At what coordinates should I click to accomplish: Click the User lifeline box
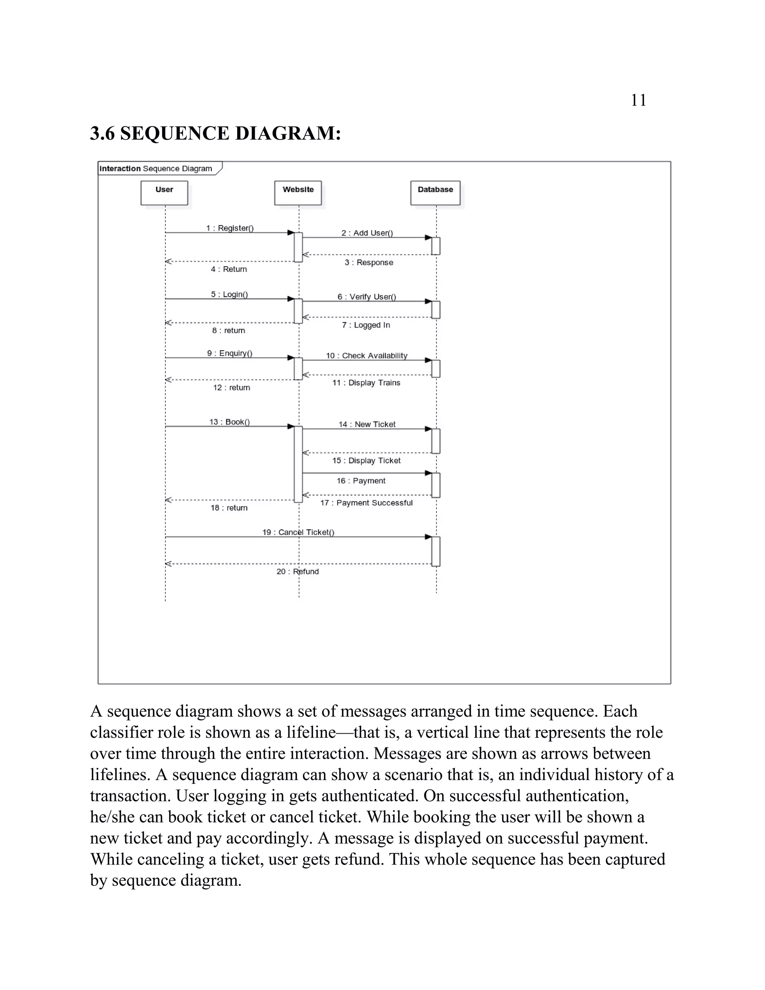(x=164, y=193)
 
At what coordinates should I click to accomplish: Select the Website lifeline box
(x=298, y=193)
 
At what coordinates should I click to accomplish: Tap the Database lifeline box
(x=435, y=193)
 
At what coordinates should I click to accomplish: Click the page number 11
(x=638, y=100)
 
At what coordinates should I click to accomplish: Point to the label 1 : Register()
(x=230, y=228)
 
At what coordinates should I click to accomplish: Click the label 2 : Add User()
(x=367, y=233)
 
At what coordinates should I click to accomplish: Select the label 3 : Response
(x=368, y=263)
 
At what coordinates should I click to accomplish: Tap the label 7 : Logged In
(x=366, y=325)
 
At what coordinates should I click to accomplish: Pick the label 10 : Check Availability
(x=367, y=356)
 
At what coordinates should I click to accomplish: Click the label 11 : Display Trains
(x=366, y=383)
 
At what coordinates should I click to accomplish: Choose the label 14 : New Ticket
(x=367, y=424)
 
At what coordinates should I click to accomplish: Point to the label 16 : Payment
(x=361, y=480)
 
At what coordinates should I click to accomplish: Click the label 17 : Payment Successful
(x=366, y=503)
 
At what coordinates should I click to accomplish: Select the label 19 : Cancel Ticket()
(x=298, y=532)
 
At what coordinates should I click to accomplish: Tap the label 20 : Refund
(x=297, y=572)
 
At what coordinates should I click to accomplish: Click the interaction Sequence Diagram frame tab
(x=156, y=168)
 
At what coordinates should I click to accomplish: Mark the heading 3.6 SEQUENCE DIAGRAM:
(x=215, y=133)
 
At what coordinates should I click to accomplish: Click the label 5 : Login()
(x=229, y=294)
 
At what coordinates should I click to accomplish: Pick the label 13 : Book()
(x=229, y=422)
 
